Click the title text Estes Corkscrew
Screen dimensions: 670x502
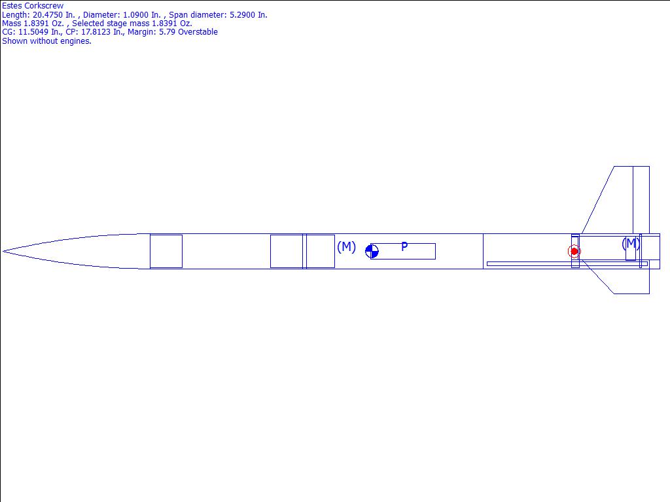[33, 6]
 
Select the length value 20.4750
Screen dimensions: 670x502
[47, 15]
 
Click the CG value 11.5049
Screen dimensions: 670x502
[33, 32]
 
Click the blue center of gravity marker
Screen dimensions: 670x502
[372, 252]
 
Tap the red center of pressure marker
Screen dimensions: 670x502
[574, 252]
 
